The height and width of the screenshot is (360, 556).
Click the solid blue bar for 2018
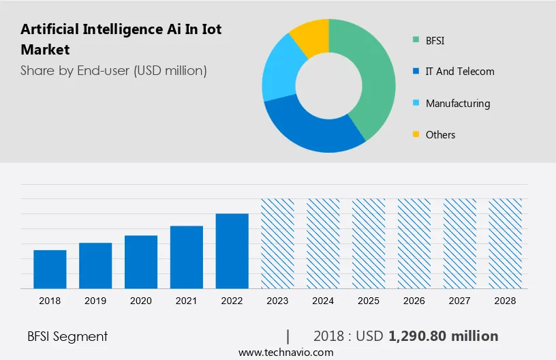[x=50, y=269]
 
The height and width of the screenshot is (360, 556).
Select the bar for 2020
[x=141, y=262]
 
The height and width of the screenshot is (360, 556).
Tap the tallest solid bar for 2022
[x=232, y=251]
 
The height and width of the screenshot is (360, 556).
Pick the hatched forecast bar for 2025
[x=369, y=243]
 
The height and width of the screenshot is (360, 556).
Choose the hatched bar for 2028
[x=506, y=243]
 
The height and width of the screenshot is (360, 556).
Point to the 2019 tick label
[x=95, y=300]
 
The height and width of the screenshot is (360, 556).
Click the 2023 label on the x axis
[x=278, y=300]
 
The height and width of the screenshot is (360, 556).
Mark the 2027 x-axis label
[x=460, y=300]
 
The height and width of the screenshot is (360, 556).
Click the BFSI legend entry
[x=435, y=41]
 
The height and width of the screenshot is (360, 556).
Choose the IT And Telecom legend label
[x=460, y=72]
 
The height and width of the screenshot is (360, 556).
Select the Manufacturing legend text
[x=457, y=104]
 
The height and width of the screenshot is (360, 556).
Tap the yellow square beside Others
[x=416, y=134]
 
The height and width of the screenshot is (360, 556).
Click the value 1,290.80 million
[x=444, y=336]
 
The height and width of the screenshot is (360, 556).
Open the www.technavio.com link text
[x=285, y=352]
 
